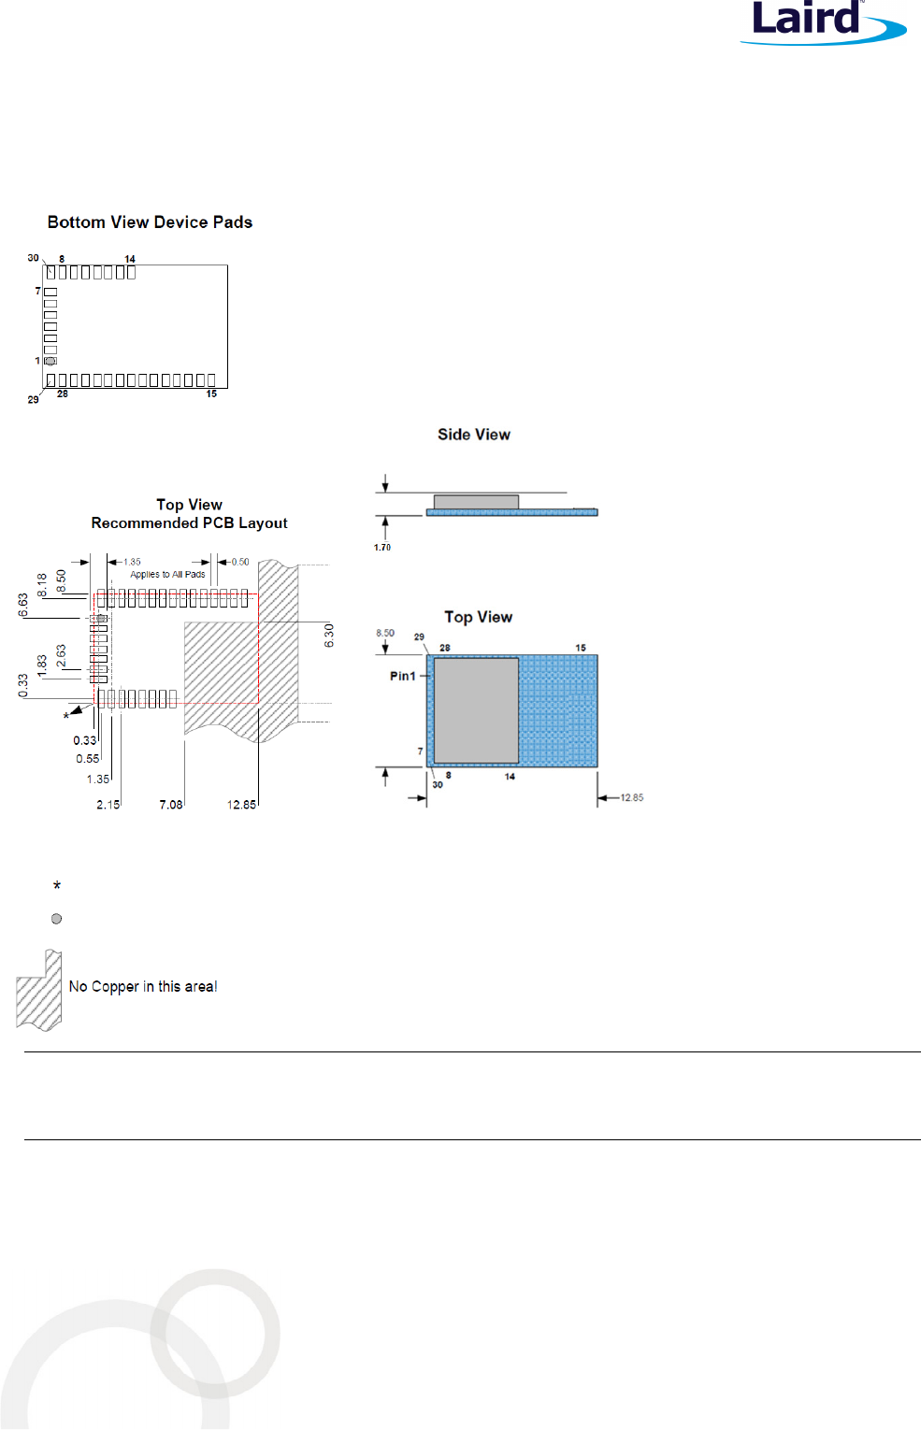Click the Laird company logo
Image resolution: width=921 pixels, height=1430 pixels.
pyautogui.click(x=823, y=23)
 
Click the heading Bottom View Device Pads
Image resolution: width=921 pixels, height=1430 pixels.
pyautogui.click(x=150, y=222)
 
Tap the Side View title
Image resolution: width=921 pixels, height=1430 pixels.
pyautogui.click(x=474, y=434)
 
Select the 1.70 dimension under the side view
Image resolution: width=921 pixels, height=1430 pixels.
pyautogui.click(x=381, y=547)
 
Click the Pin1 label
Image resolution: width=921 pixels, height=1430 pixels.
pyautogui.click(x=402, y=676)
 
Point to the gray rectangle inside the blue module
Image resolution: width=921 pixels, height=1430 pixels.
pyautogui.click(x=476, y=710)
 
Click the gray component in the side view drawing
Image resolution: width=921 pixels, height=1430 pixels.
pyautogui.click(x=476, y=502)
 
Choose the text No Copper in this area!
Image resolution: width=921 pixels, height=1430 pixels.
pyautogui.click(x=143, y=986)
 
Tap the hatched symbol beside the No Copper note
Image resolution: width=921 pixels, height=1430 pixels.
pyautogui.click(x=39, y=990)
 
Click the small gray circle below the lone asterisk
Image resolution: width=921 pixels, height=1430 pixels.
pyautogui.click(x=56, y=919)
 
